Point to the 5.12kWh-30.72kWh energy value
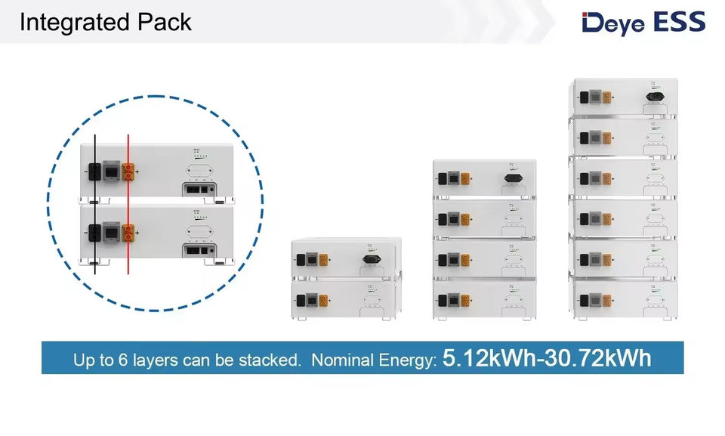point(547,357)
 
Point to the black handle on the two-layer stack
point(371,259)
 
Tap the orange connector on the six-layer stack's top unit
point(606,97)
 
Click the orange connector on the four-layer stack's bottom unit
point(465,298)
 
